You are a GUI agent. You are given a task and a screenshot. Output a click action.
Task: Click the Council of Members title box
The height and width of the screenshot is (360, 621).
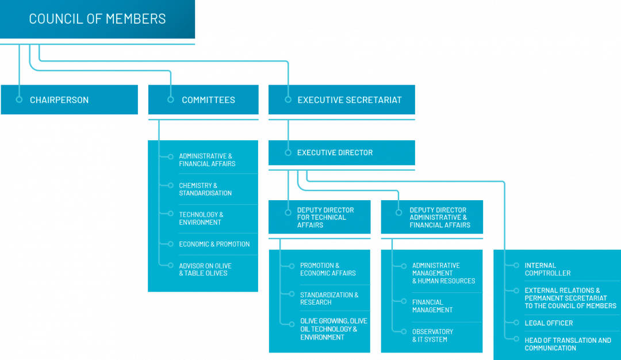point(97,19)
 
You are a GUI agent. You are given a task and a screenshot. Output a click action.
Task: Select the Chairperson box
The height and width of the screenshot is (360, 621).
point(69,99)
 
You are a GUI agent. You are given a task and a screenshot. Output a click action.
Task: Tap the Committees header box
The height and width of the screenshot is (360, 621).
point(203,99)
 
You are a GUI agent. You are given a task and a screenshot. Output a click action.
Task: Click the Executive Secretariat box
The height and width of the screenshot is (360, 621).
point(342,99)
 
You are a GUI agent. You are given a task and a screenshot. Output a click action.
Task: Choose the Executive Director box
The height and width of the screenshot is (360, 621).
point(342,152)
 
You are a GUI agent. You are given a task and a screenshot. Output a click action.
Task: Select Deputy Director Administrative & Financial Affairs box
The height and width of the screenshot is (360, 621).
point(432,217)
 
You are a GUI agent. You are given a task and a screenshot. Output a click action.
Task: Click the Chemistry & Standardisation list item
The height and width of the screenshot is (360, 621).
point(205,189)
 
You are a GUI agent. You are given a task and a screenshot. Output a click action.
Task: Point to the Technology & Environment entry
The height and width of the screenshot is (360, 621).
point(201,219)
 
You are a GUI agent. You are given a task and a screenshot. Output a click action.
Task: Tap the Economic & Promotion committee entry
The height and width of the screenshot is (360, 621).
point(214,244)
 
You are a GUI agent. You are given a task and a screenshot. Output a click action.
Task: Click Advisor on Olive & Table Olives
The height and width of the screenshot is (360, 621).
point(205,269)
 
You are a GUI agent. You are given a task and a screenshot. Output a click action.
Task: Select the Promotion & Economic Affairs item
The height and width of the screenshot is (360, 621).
point(328,269)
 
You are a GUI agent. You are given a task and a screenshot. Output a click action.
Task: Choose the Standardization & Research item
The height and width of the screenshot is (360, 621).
point(329,298)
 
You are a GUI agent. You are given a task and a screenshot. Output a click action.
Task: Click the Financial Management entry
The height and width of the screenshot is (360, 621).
point(432,306)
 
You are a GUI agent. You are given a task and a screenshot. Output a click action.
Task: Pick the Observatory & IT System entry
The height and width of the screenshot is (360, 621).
point(432,335)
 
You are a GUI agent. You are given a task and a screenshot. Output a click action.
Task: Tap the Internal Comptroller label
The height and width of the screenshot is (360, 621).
point(547,269)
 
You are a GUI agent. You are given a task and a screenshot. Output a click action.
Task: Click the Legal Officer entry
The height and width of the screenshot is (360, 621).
point(549,323)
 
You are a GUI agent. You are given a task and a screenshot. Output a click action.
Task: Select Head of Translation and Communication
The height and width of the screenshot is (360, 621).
point(568,344)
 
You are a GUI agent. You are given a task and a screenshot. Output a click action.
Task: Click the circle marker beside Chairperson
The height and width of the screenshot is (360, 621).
point(20,99)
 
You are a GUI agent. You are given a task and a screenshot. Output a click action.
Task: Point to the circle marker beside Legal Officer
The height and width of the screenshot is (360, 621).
point(508,323)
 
